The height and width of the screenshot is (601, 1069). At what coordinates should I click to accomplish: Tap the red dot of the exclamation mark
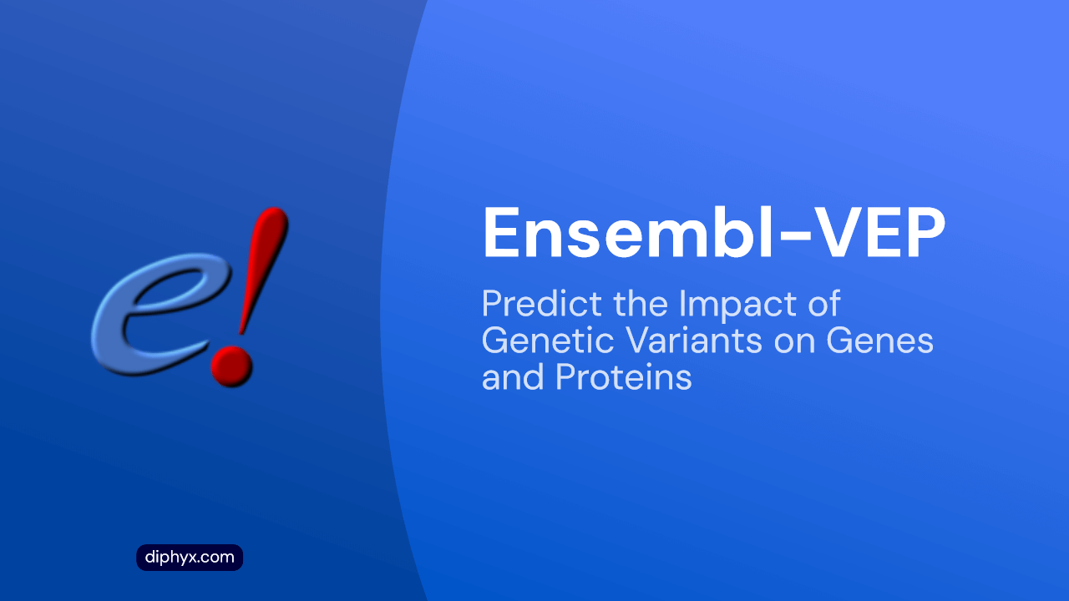pyautogui.click(x=231, y=366)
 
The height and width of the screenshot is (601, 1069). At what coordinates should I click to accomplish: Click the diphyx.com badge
pyautogui.click(x=190, y=557)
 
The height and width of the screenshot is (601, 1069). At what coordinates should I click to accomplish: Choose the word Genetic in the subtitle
pyautogui.click(x=547, y=341)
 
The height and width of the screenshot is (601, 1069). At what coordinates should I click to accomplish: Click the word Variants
pyautogui.click(x=694, y=341)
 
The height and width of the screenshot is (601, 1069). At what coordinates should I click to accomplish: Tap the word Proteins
pyautogui.click(x=624, y=377)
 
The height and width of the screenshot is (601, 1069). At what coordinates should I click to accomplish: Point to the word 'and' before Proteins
pyautogui.click(x=513, y=377)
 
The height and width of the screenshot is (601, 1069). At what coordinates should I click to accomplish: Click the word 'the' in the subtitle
pyautogui.click(x=640, y=303)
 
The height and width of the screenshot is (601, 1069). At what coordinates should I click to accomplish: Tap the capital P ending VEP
pyautogui.click(x=925, y=234)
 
